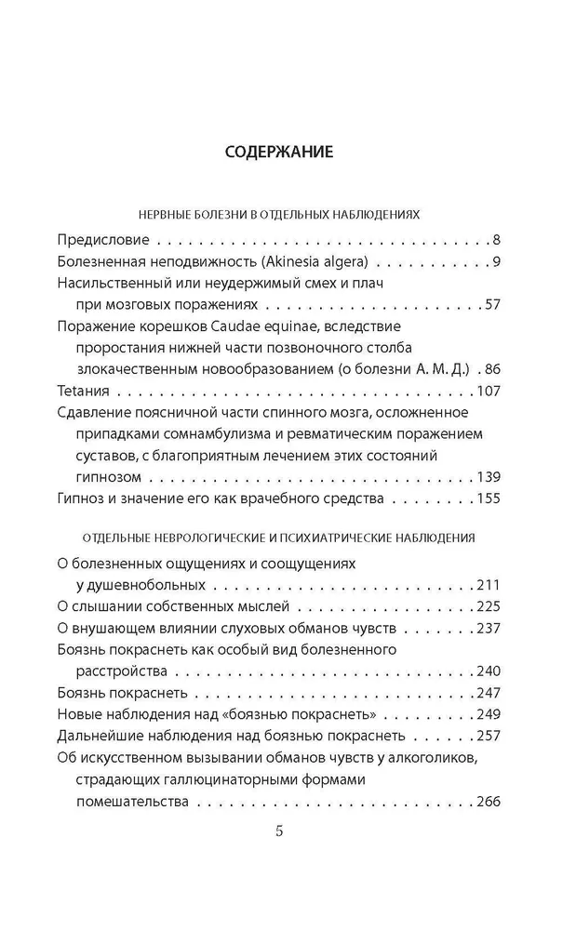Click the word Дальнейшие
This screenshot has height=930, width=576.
100,736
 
